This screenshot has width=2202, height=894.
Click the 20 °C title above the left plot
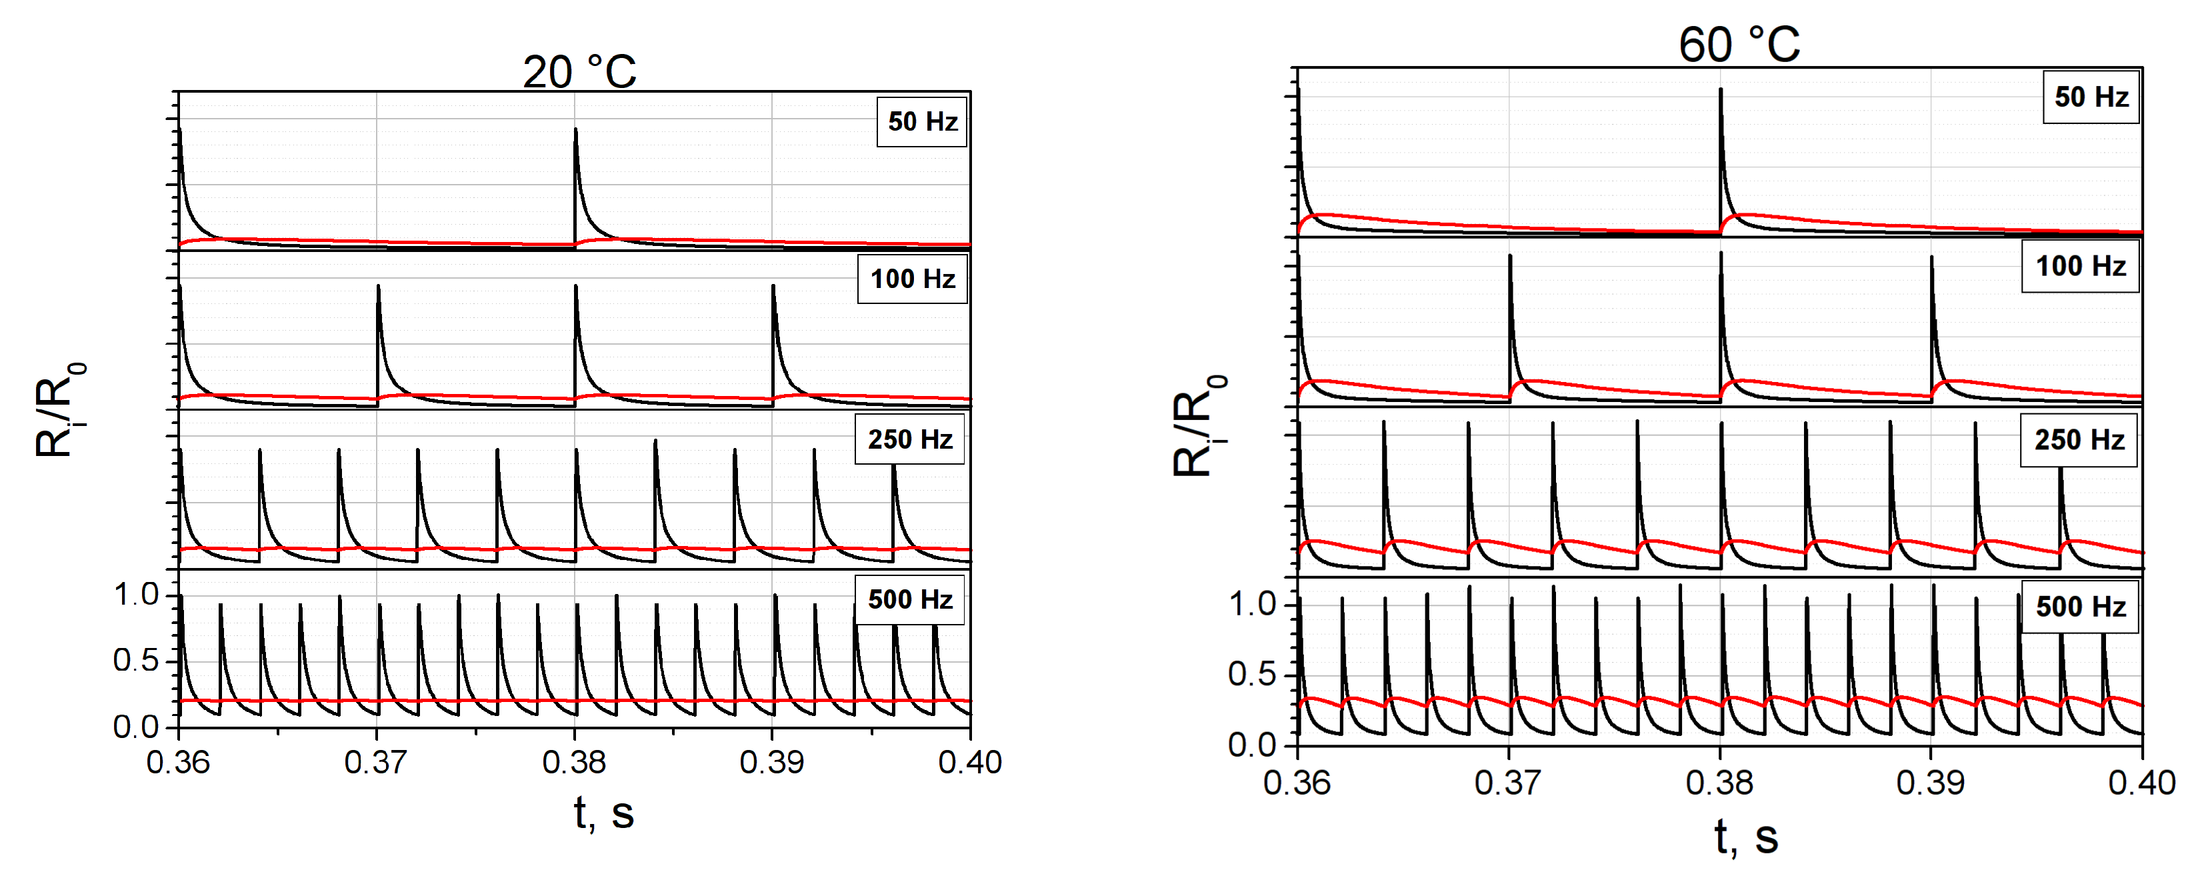pos(579,72)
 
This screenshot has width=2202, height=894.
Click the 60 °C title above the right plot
pos(1739,45)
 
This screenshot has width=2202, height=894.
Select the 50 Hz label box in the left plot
pos(921,122)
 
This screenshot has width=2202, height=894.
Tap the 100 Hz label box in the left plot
pos(912,279)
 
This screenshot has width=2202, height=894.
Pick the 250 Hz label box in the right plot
pos(2078,440)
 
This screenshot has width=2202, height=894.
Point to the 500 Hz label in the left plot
pos(909,599)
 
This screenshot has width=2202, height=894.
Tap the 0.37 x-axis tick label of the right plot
pos(1508,783)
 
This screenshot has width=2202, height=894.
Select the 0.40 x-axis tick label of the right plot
pos(2141,783)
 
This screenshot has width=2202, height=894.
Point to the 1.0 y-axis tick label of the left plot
pos(136,594)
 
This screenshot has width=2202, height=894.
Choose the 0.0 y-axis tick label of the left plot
pos(136,727)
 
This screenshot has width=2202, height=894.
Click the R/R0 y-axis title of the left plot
pos(58,410)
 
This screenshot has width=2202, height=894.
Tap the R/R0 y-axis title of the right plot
pos(1197,425)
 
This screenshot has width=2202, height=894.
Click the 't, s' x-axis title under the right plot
pos(1745,837)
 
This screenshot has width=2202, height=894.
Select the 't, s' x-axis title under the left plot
pos(603,813)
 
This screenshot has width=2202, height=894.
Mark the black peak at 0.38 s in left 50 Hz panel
pos(575,131)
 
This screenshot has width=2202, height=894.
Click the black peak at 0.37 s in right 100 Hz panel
pos(1509,257)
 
